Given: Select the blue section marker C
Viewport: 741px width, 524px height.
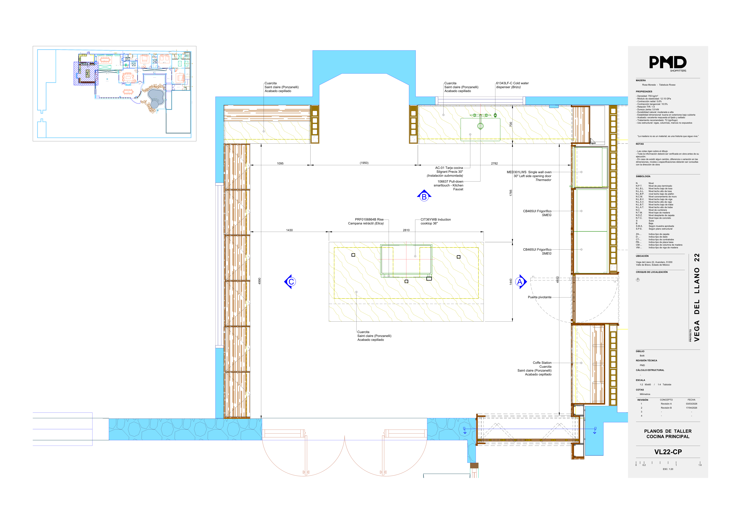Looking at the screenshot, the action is [x=290, y=282].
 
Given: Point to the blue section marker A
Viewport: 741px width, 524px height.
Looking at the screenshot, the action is [x=520, y=282].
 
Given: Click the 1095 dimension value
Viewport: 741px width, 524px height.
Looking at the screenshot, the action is [x=280, y=163].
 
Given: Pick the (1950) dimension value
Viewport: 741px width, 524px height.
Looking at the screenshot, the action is [x=364, y=163].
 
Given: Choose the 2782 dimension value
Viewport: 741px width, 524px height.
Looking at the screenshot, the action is [x=494, y=163].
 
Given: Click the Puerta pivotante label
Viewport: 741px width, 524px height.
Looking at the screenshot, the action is [x=540, y=297].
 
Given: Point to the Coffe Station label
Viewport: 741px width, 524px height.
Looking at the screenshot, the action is [x=542, y=363].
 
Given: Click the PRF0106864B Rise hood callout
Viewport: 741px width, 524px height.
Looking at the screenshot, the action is [x=366, y=221].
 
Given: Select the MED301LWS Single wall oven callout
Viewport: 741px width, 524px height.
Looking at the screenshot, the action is [x=529, y=176].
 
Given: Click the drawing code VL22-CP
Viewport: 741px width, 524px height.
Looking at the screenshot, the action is [x=668, y=452].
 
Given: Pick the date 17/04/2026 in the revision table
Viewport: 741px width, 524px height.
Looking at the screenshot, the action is [x=692, y=408].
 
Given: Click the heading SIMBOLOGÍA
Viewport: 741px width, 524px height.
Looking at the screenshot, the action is [x=643, y=176].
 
